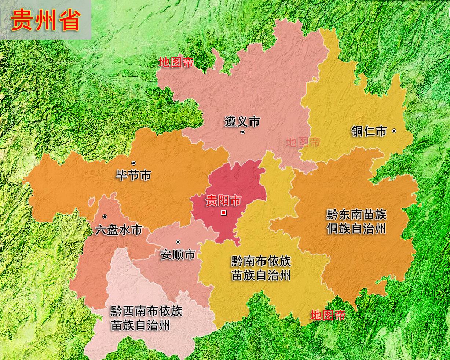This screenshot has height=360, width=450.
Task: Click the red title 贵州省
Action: click(x=45, y=20)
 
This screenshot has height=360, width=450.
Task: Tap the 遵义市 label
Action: click(x=242, y=121)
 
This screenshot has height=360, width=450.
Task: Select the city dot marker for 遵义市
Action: click(x=242, y=132)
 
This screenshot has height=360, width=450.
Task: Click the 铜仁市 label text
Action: click(x=369, y=131)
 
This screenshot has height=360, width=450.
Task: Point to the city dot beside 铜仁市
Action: click(x=394, y=131)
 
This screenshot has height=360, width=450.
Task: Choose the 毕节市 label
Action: click(x=133, y=175)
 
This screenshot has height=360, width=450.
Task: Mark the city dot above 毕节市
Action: click(x=133, y=163)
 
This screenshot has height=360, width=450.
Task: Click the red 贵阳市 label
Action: click(x=223, y=201)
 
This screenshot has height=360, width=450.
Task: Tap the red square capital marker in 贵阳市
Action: click(x=224, y=213)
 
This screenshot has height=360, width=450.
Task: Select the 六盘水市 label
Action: click(x=118, y=230)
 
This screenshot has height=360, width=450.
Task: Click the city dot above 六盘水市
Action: click(x=105, y=217)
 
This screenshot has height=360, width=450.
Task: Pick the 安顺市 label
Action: click(x=178, y=254)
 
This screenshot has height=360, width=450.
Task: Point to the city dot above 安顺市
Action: click(x=178, y=242)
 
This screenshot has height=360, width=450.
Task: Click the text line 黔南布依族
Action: click(x=261, y=261)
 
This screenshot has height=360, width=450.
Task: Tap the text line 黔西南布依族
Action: click(x=146, y=311)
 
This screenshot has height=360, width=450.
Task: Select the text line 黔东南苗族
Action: click(x=356, y=215)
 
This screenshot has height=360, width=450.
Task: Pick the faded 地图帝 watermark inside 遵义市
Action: click(x=303, y=142)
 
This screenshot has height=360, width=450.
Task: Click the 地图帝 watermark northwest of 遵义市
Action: click(x=176, y=62)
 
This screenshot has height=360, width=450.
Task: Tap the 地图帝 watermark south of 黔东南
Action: click(x=328, y=315)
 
